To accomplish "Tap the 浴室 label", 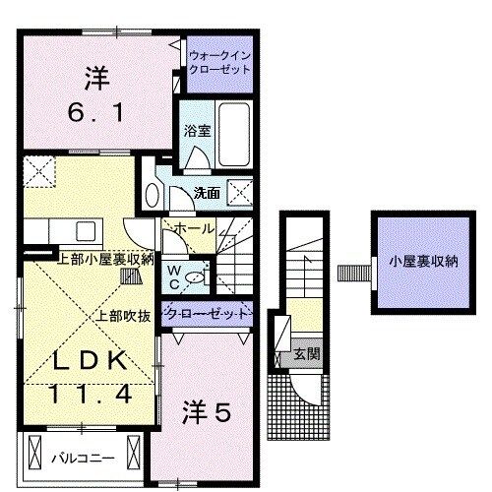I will coord(192,130).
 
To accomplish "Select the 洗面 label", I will coord(207,193).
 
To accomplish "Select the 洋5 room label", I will coord(208,414).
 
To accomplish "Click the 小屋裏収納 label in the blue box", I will coord(423,262).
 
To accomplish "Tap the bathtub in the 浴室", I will coord(233,126).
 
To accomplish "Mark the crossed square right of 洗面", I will coord(238,190).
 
